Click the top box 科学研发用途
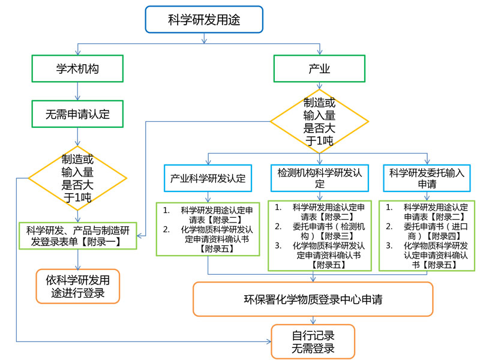pyautogui.click(x=204, y=19)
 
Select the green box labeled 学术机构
pyautogui.click(x=77, y=68)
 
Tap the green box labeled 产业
pyautogui.click(x=319, y=68)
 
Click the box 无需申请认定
pyautogui.click(x=77, y=114)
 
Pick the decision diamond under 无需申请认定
pyautogui.click(x=77, y=178)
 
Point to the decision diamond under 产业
pyautogui.click(x=319, y=121)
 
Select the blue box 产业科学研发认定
pyautogui.click(x=208, y=178)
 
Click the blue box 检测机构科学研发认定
pyautogui.click(x=320, y=178)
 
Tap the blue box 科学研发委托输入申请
pyautogui.click(x=427, y=178)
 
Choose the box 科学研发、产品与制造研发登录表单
pyautogui.click(x=78, y=236)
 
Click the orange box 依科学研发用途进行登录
pyautogui.click(x=78, y=286)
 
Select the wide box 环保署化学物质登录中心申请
pyautogui.click(x=313, y=299)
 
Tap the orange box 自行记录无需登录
pyautogui.click(x=313, y=341)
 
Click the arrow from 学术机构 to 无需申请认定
pyautogui.click(x=77, y=91)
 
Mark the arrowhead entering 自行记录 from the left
pyautogui.click(x=269, y=341)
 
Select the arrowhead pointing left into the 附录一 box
pyautogui.click(x=139, y=236)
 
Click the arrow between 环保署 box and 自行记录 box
pyautogui.click(x=313, y=320)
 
